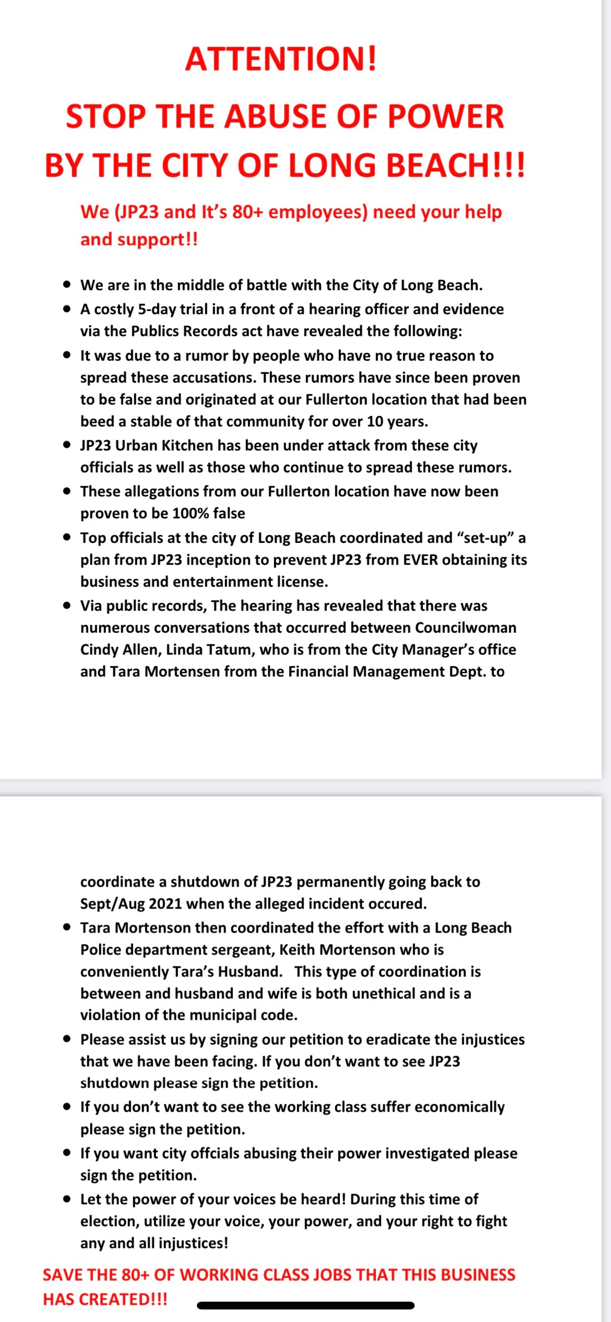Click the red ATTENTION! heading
click(280, 58)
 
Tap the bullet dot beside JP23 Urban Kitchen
click(66, 445)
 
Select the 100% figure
click(190, 513)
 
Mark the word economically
click(460, 1107)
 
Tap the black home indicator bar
click(305, 1305)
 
